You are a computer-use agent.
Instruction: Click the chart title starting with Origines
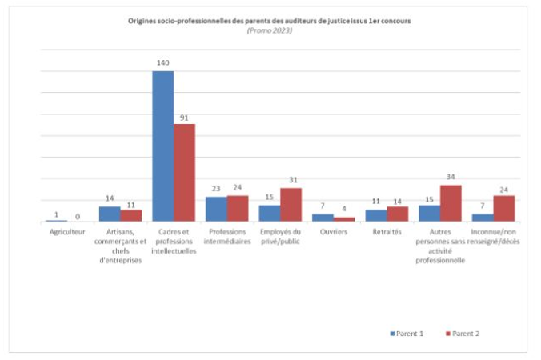pyautogui.click(x=270, y=21)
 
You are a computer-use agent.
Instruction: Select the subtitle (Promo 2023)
pyautogui.click(x=270, y=30)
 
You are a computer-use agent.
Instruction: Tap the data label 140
pyautogui.click(x=163, y=62)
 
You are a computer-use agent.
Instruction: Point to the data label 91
pyautogui.click(x=184, y=116)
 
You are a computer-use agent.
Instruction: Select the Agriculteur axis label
pyautogui.click(x=67, y=232)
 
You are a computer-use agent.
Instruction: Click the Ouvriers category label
pyautogui.click(x=333, y=232)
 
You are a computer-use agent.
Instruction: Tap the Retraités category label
pyautogui.click(x=387, y=232)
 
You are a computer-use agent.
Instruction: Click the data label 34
pyautogui.click(x=451, y=177)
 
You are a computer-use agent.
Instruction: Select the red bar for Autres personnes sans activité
pyautogui.click(x=451, y=202)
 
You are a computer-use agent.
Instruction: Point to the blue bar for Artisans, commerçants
pyautogui.click(x=110, y=214)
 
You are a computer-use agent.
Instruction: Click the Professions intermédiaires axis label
pyautogui.click(x=226, y=237)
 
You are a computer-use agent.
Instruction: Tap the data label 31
pyautogui.click(x=291, y=179)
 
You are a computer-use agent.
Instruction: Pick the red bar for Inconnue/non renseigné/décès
pyautogui.click(x=503, y=208)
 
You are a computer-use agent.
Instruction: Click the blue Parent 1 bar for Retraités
pyautogui.click(x=376, y=215)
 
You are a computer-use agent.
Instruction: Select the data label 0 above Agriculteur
pyautogui.click(x=78, y=216)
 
